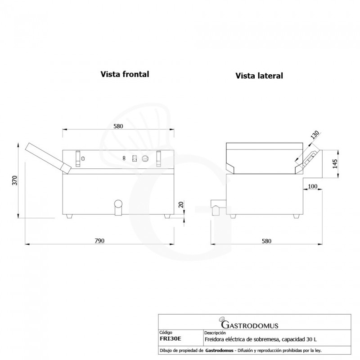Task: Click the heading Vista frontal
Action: [125, 74]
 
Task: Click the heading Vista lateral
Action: [259, 76]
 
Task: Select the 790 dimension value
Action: [99, 241]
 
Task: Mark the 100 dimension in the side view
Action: [312, 186]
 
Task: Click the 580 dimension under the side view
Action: [266, 241]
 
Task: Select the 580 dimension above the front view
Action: [118, 126]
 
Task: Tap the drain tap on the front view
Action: [118, 207]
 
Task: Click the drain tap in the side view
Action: [217, 208]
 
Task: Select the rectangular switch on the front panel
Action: [134, 158]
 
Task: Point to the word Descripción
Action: [214, 333]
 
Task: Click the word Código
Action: [166, 333]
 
